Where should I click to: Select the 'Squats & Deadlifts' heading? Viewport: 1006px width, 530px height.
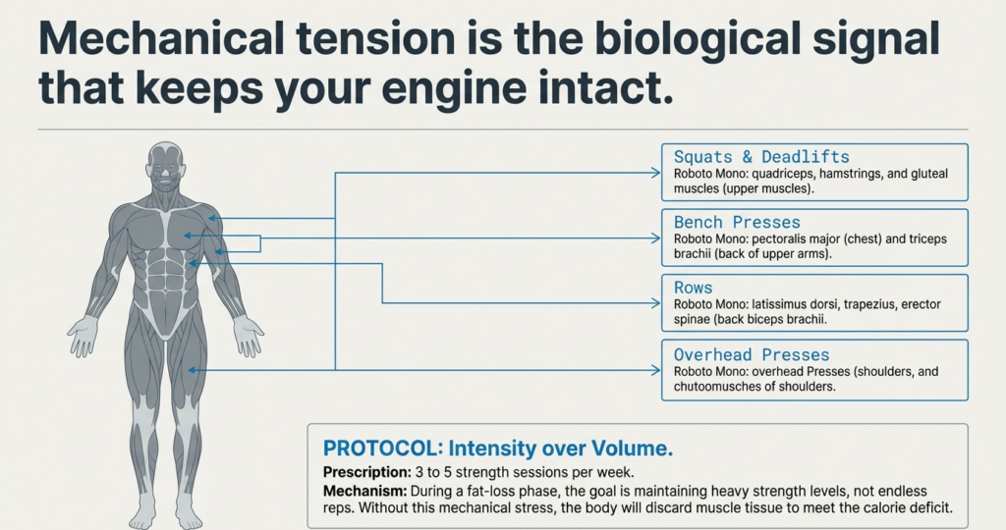point(761,157)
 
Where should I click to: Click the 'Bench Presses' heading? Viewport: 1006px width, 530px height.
point(737,223)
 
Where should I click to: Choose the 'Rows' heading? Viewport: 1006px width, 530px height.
point(694,289)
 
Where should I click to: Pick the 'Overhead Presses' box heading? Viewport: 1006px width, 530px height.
point(752,354)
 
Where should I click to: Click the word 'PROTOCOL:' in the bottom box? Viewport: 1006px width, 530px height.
point(380,449)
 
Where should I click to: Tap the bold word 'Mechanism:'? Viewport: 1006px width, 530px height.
point(360,490)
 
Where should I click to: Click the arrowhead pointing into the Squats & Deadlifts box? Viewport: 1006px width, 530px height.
point(655,174)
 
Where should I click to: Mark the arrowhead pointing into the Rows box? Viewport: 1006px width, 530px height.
point(655,304)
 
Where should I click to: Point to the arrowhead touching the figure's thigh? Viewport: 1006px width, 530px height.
point(194,370)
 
